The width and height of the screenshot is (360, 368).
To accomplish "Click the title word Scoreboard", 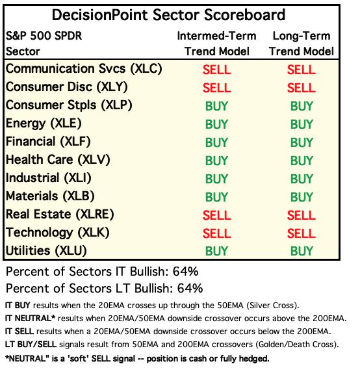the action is pos(244,15).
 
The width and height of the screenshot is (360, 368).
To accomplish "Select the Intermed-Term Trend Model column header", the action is pos(216,44).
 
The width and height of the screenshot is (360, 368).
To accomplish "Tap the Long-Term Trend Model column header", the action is pos(302,44).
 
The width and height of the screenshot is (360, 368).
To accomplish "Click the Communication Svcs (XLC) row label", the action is pos(84,69).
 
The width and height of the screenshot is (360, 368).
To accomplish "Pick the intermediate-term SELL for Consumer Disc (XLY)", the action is pos(217,88).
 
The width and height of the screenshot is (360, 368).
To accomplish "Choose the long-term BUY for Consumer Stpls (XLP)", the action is pos(302,106).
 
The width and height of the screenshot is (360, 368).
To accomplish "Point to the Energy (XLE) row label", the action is pos(44,124).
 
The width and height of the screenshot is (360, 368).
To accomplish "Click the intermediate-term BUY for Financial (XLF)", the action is pos(216,142).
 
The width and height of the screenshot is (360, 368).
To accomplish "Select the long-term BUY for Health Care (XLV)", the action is pos(302,161).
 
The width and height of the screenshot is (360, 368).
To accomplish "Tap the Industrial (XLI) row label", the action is pos(49,178).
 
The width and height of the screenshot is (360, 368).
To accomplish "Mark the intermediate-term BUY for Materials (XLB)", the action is pos(216,197).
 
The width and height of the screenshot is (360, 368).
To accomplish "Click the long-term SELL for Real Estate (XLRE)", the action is pos(302,215).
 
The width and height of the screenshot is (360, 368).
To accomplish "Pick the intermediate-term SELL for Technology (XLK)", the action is pos(217,233).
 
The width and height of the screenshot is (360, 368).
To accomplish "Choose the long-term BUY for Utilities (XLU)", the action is pos(302,251).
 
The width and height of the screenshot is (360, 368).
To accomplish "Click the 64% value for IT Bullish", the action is pos(185,272).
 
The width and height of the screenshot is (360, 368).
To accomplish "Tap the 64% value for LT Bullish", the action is pos(190,289).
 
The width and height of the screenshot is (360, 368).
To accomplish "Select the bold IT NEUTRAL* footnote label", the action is pos(30,319).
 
